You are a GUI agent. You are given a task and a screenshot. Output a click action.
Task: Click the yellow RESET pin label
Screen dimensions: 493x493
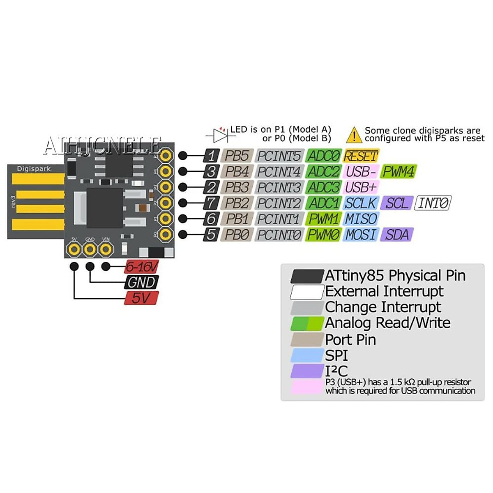pos(360,156)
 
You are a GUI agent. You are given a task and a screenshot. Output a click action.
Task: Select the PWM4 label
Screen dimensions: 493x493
pos(398,171)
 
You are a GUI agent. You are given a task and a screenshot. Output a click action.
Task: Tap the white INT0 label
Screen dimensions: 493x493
pos(433,203)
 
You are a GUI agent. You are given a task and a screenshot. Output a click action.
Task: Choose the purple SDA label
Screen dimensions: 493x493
pos(397,235)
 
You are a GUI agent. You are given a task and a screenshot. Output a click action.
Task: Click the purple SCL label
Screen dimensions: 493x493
pos(396,203)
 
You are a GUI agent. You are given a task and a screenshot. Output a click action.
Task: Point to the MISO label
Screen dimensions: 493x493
pos(360,219)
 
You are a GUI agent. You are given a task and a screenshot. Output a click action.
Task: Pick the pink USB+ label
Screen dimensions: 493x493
pos(360,187)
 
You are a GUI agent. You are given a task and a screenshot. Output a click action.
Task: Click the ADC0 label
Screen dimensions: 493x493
pos(324,156)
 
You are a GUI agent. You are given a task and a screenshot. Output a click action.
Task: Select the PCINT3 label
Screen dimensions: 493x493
pos(279,187)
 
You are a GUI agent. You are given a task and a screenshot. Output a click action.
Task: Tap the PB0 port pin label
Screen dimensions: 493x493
pos(237,235)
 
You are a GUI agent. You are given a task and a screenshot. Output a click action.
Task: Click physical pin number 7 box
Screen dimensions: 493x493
pos(211,203)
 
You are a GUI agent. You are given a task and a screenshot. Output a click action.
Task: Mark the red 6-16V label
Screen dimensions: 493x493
pos(141,267)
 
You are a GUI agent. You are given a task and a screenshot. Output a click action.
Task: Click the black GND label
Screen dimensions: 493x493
pos(141,282)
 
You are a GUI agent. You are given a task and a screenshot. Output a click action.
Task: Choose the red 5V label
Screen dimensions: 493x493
pos(141,298)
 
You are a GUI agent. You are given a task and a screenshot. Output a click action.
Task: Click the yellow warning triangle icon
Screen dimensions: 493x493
pos(354,134)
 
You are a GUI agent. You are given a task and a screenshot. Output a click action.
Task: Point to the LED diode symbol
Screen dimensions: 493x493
pos(218,134)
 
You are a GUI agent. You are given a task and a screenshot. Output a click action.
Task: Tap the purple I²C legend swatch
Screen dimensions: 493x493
pos(307,371)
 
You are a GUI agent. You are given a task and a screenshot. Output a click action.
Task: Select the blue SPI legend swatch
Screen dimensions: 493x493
pos(307,355)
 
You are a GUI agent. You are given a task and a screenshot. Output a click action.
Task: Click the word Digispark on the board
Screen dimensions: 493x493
pos(34,169)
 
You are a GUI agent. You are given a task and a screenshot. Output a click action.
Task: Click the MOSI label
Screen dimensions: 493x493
pos(360,235)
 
